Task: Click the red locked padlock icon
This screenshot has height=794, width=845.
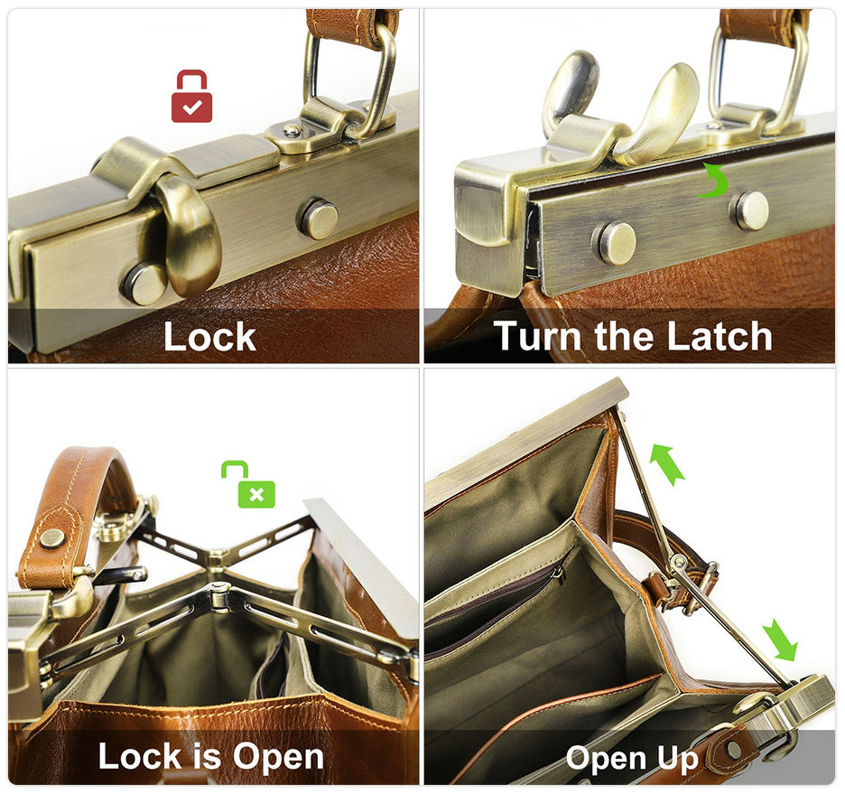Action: point(192,96)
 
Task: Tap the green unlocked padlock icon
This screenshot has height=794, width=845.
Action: point(248,484)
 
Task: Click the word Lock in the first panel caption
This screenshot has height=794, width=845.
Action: point(209,337)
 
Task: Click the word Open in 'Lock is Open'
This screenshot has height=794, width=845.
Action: point(278,757)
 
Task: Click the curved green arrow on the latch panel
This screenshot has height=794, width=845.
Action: point(713,181)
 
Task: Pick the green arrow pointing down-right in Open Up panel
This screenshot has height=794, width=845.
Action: point(780,640)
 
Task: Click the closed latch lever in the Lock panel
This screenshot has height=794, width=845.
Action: point(189,235)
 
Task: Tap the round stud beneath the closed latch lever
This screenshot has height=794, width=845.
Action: point(144,284)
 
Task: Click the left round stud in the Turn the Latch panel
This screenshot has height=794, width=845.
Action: point(615,243)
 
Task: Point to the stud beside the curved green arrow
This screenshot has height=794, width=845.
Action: point(750,210)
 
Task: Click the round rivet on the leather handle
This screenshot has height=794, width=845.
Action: point(52,538)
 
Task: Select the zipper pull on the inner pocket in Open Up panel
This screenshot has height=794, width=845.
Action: point(559,575)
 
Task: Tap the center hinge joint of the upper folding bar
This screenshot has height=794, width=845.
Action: point(217,556)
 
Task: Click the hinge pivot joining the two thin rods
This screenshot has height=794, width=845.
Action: point(677,563)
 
